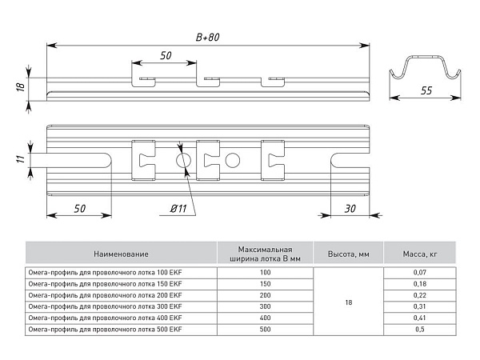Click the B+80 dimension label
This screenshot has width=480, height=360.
pos(207,37)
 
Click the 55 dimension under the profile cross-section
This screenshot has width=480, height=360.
pos(426,90)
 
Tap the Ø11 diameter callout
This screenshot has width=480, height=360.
pos(178,209)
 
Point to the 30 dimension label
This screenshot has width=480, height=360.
pos(350,209)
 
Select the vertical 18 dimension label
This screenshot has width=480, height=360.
pos(21,87)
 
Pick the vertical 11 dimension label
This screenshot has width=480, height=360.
pos(21,159)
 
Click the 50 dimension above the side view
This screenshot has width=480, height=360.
pos(166,55)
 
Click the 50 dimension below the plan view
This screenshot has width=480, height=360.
pos(79,209)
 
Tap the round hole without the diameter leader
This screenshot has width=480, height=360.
pos(232,160)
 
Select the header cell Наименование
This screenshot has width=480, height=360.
pos(121,254)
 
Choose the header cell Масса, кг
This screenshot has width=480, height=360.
pos(420,254)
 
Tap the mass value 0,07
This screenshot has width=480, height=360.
pos(420,272)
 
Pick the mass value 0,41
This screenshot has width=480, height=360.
pos(420,318)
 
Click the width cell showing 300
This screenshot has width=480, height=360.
pos(265,306)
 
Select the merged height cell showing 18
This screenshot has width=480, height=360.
pos(348,302)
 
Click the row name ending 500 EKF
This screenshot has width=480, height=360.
pos(105,330)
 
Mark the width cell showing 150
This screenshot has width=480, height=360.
pos(265,284)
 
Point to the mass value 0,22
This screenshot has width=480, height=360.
pos(420,295)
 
